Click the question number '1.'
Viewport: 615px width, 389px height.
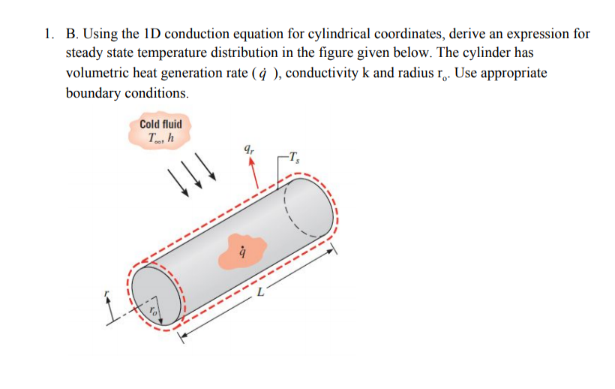pyautogui.click(x=49, y=35)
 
